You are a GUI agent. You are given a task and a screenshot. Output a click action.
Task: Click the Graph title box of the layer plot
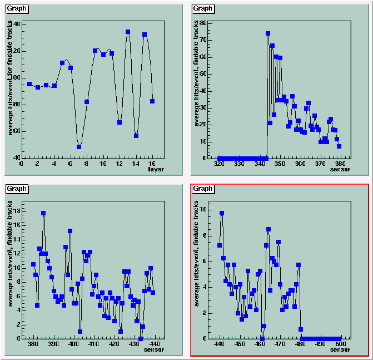coord(17,8)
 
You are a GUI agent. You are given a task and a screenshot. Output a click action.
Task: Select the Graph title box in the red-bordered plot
coord(203,189)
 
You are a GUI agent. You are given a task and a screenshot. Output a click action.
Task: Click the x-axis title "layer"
coord(156,170)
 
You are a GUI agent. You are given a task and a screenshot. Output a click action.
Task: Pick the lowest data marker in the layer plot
coord(79,147)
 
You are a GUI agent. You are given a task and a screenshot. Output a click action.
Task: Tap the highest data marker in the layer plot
coord(128,32)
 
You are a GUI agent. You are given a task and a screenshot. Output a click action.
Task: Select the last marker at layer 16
coord(152,101)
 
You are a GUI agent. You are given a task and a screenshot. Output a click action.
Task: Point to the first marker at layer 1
coord(29,84)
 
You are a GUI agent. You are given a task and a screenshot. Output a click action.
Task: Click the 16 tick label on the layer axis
coord(152,164)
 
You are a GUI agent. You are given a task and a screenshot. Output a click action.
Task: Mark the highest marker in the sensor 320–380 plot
coord(268,34)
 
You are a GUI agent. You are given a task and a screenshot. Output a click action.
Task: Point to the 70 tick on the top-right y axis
coord(203,41)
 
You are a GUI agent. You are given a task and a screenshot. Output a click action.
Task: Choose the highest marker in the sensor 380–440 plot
coord(43,213)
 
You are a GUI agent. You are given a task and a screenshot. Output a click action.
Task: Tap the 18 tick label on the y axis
coord(16,211)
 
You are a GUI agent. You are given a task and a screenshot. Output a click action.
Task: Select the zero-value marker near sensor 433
coord(141,338)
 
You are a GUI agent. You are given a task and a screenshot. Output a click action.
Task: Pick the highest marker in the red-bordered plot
coord(222,213)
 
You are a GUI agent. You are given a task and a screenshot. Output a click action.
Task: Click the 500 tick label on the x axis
coord(341,344)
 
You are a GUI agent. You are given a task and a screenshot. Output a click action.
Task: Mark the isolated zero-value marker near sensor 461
coord(262,338)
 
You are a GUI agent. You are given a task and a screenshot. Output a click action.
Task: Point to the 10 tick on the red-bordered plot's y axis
coord(204,210)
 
